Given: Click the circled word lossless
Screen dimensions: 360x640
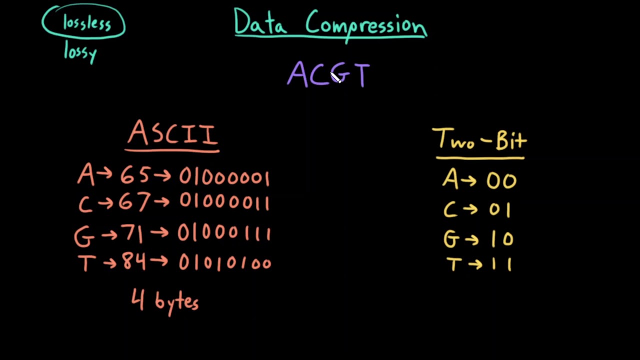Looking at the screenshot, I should (x=86, y=23).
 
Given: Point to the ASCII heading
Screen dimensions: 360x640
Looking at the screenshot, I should (x=172, y=134).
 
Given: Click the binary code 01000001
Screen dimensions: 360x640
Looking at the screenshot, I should (x=224, y=177).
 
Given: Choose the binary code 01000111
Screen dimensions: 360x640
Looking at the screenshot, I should (x=224, y=233).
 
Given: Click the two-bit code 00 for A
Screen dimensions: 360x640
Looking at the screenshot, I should (x=501, y=180).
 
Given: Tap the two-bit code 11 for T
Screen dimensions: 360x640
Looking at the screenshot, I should (x=501, y=263).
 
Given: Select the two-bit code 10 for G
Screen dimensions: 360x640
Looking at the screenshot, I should (x=501, y=238).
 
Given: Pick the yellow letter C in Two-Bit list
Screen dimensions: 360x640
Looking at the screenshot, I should (x=450, y=209).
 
